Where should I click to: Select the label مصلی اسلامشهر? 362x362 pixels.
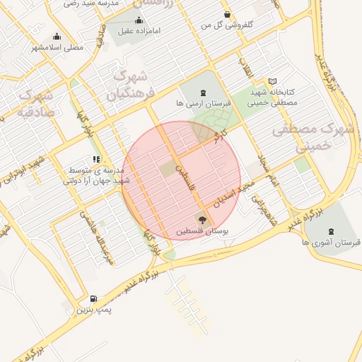point(57,47)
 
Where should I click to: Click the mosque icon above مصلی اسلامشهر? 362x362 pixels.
point(57,36)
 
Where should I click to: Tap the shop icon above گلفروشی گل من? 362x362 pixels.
point(226,14)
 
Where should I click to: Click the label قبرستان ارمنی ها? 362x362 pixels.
point(203,104)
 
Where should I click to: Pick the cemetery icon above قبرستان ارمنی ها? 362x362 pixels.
point(204,93)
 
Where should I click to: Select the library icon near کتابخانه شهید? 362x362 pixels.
point(274,81)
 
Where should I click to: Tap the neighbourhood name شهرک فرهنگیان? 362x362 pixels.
point(128,84)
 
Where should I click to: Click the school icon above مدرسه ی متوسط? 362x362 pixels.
point(96,159)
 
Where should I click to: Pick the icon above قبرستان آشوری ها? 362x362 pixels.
point(332,230)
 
